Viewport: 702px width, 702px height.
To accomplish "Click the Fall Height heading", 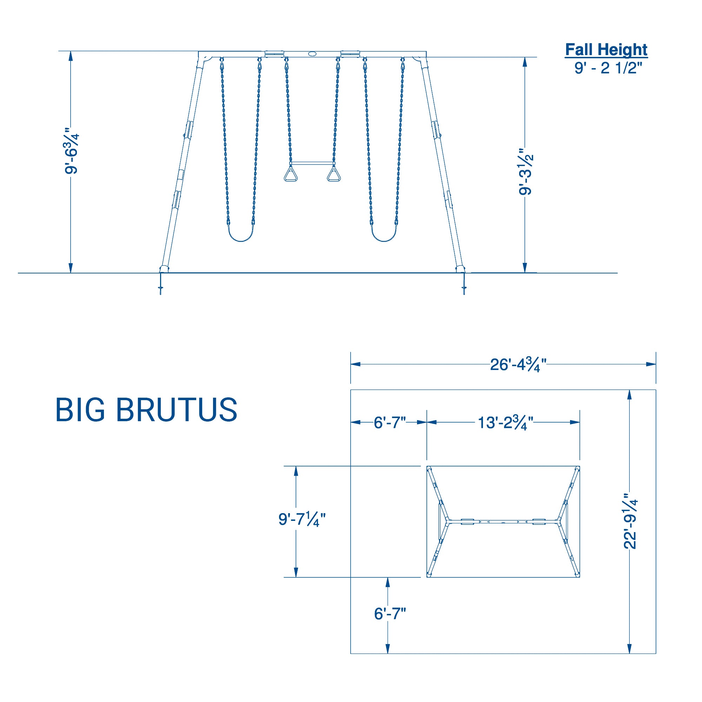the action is click(606, 50).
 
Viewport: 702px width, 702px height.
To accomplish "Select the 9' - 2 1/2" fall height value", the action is click(606, 68).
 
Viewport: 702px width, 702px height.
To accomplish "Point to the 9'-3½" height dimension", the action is click(526, 172).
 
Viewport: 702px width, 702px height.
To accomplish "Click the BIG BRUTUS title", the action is click(146, 410).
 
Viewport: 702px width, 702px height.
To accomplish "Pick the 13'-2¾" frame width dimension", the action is click(505, 423).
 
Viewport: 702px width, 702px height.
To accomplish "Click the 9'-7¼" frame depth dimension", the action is click(302, 519).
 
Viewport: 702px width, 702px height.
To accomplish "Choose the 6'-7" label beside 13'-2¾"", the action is click(390, 423).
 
